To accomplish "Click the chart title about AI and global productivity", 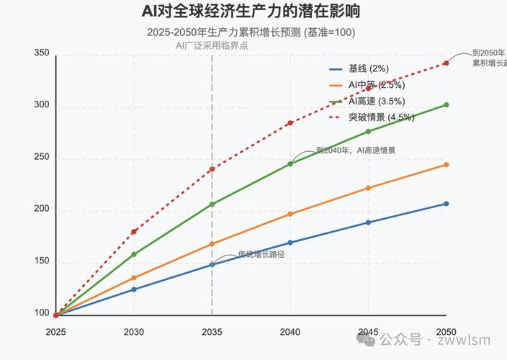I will (251, 12).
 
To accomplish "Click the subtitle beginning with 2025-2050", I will (251, 32).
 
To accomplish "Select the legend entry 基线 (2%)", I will (368, 69).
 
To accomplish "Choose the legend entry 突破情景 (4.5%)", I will (381, 117).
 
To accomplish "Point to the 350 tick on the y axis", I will (42, 54).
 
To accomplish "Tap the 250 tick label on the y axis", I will (42, 158).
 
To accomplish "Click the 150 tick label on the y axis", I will (42, 261).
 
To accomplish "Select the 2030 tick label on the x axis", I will (134, 332).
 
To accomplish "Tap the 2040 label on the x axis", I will (290, 332).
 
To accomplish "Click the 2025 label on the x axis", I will (55, 332).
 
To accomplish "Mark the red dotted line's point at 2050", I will (447, 63).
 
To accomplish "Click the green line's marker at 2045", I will (368, 131).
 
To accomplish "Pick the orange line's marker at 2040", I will (290, 214).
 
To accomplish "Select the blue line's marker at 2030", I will (134, 289).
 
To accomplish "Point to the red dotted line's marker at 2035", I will (212, 169).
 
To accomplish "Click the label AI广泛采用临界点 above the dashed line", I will (212, 45).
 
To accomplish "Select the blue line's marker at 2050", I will (447, 204).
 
